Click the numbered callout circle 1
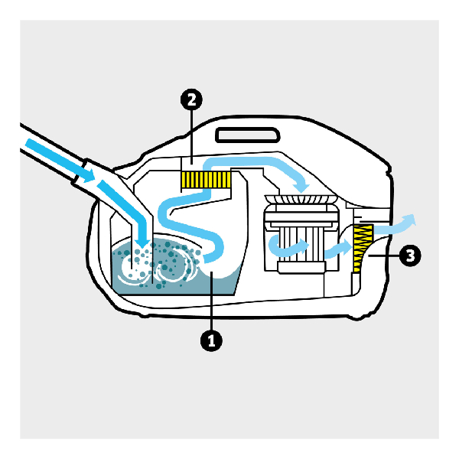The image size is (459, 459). pyautogui.click(x=211, y=340)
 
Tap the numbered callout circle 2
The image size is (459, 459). pyautogui.click(x=191, y=99)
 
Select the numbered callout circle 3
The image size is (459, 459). pyautogui.click(x=410, y=256)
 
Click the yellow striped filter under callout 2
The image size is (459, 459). pyautogui.click(x=206, y=180)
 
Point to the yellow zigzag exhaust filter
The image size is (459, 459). pyautogui.click(x=363, y=248)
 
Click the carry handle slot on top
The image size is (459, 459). pyautogui.click(x=248, y=135)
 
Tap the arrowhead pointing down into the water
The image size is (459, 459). pyautogui.click(x=143, y=241)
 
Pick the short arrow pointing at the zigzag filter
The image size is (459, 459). pyautogui.click(x=338, y=249)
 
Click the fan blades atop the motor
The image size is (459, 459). pyautogui.click(x=301, y=200)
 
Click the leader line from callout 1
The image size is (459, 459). pyautogui.click(x=212, y=301)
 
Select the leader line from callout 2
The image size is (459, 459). pyautogui.click(x=191, y=137)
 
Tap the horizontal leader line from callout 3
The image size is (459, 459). pyautogui.click(x=384, y=256)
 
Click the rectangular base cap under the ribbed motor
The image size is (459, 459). pyautogui.click(x=301, y=268)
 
